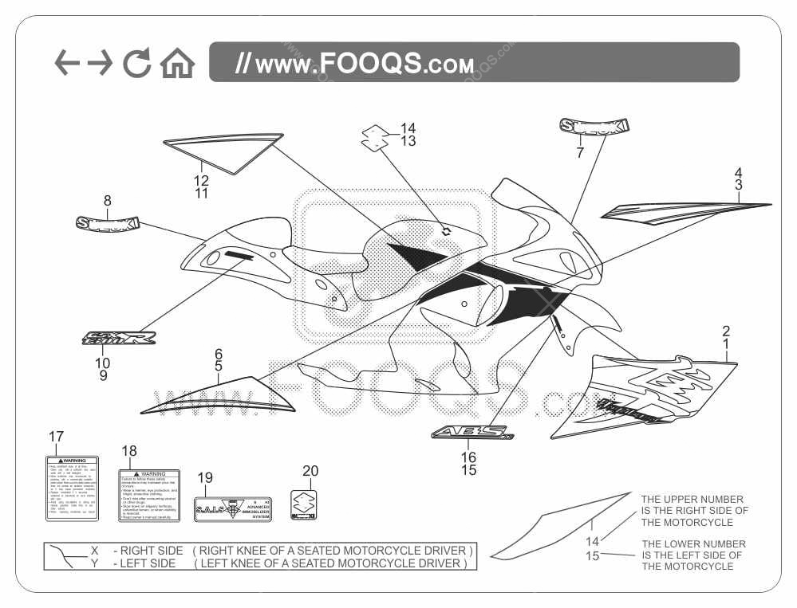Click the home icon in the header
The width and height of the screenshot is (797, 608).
[x=177, y=63]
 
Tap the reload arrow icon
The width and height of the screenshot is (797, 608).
[x=137, y=63]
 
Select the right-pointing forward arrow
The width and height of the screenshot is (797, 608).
[x=99, y=63]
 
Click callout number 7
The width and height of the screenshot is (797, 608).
[x=580, y=151]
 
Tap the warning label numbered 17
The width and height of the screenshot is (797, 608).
[x=72, y=488]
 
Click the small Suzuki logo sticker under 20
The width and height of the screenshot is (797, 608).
[x=304, y=504]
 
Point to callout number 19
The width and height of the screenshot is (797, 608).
[x=205, y=477]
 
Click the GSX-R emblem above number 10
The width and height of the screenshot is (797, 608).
[x=120, y=339]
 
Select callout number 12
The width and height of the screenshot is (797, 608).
[x=201, y=180]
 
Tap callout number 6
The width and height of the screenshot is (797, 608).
[x=218, y=353]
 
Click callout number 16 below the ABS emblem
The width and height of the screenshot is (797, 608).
[x=468, y=457]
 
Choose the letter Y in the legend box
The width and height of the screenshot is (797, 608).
[x=94, y=563]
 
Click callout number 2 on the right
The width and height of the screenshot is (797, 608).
[x=726, y=331]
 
